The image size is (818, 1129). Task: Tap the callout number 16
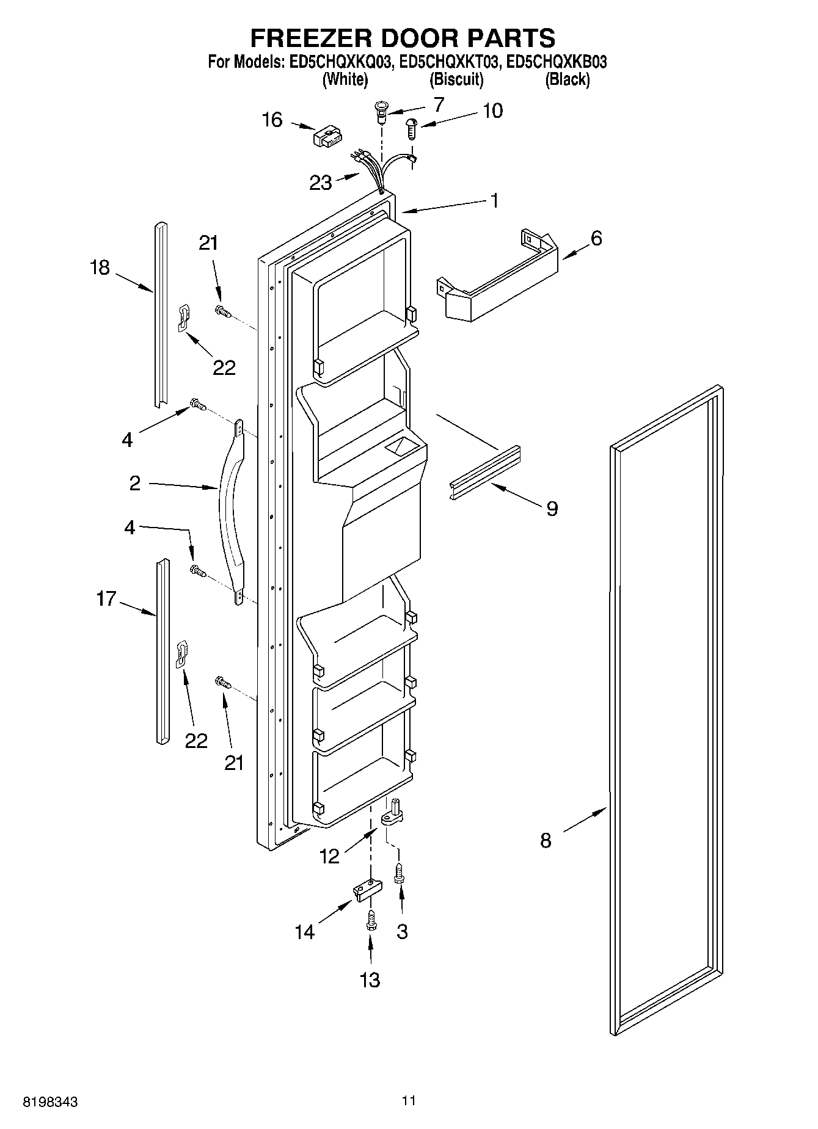(x=272, y=120)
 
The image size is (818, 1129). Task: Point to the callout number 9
(x=552, y=508)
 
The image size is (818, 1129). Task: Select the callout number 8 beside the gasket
(x=546, y=840)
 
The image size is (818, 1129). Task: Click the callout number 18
(x=100, y=267)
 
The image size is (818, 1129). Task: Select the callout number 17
(x=106, y=598)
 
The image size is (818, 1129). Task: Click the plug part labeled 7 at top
(x=381, y=112)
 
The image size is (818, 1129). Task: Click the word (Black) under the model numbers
(x=567, y=79)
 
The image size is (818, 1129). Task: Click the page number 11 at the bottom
(x=409, y=1101)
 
